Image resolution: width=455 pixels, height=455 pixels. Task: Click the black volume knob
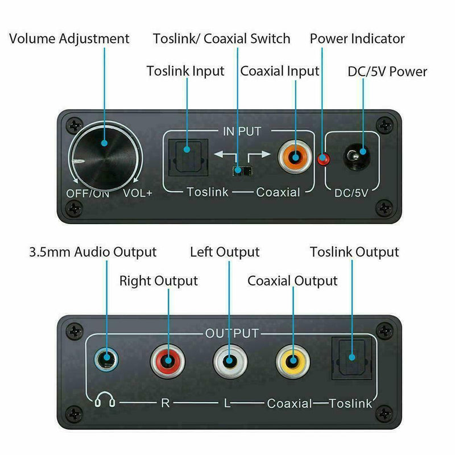(x=105, y=158)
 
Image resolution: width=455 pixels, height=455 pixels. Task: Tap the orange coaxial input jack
(x=295, y=158)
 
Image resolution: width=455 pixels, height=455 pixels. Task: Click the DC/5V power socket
(x=357, y=157)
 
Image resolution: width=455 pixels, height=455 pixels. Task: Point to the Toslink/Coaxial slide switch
(x=242, y=171)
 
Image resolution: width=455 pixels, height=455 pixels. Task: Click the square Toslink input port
(x=188, y=158)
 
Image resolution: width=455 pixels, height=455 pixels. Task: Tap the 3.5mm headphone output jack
(x=106, y=360)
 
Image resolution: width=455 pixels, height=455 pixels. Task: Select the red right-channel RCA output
(x=168, y=361)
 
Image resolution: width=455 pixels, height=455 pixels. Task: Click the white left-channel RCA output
(x=230, y=361)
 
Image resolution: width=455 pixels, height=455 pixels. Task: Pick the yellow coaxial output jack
(x=293, y=361)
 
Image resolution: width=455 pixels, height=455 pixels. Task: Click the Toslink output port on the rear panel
(x=351, y=358)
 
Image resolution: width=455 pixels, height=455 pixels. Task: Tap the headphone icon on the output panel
(x=105, y=400)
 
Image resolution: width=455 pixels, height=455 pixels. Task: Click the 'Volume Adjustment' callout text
(x=69, y=39)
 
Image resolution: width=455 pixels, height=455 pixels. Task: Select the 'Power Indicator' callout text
(x=357, y=39)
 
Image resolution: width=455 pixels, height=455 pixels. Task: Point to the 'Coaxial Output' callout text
(x=292, y=281)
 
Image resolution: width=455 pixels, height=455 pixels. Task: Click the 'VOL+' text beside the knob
(x=138, y=193)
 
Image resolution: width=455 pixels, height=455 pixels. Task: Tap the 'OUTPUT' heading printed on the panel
(x=232, y=333)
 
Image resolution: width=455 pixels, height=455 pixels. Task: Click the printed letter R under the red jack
(x=165, y=403)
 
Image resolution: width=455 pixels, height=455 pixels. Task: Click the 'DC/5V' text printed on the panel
(x=351, y=193)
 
